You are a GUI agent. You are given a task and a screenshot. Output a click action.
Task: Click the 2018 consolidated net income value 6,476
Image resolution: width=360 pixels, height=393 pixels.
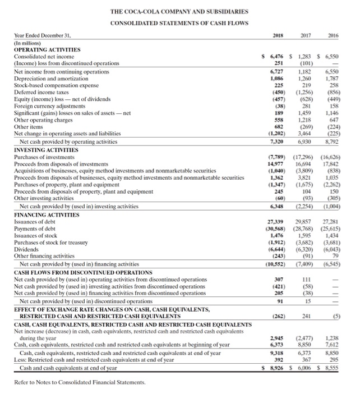tap(275, 57)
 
